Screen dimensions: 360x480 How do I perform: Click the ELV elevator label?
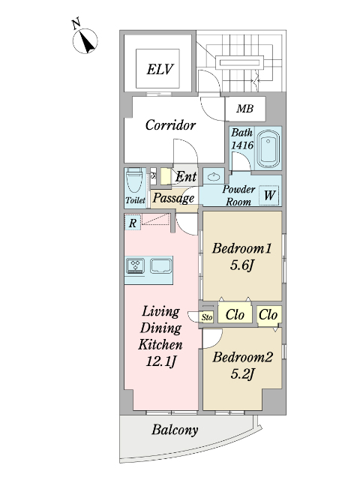point(160,69)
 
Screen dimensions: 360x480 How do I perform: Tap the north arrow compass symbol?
point(85,40)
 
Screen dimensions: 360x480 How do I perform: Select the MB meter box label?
point(245,108)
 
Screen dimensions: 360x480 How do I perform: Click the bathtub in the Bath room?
point(268,149)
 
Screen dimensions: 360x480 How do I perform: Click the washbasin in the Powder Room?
point(213,176)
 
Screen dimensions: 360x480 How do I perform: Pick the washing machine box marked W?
point(269,195)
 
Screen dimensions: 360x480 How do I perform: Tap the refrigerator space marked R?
point(133,223)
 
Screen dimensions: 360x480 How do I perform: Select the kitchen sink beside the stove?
point(160,265)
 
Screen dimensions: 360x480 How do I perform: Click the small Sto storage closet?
point(207,317)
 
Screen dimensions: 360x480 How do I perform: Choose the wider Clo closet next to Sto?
point(235,314)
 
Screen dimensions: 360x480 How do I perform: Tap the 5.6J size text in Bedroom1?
point(241,265)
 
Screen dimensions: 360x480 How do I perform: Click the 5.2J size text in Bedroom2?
point(243,373)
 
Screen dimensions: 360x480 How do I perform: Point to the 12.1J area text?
point(161,361)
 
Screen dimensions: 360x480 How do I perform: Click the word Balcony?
point(175,430)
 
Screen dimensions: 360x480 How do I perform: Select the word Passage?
point(173,198)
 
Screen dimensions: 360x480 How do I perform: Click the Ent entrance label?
point(186,176)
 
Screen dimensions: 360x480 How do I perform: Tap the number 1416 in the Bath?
point(242,145)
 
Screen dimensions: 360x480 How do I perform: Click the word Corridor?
point(170,125)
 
